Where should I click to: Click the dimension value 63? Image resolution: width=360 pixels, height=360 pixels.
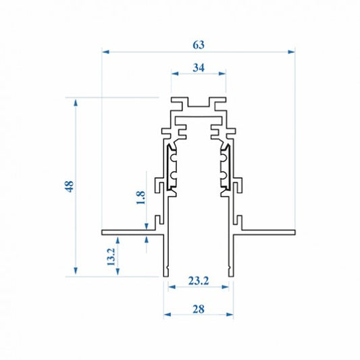(x=199, y=45)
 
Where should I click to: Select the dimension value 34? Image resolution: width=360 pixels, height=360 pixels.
(x=199, y=68)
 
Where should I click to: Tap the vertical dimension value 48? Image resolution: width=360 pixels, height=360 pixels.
(x=69, y=186)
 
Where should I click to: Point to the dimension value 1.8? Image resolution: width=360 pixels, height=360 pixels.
(x=140, y=197)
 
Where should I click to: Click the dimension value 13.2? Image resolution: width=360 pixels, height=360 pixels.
(x=111, y=257)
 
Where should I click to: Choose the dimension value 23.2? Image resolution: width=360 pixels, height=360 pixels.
(x=199, y=281)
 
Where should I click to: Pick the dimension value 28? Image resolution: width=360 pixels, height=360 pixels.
(x=199, y=309)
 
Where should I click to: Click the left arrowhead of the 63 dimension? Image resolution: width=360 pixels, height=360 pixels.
(x=105, y=52)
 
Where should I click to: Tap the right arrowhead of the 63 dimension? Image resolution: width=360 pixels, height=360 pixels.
(x=291, y=52)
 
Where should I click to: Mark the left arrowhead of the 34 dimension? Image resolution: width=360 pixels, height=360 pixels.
(x=175, y=74)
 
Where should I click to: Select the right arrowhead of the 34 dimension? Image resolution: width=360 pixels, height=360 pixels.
(x=222, y=74)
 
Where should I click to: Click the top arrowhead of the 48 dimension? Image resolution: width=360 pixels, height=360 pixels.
(x=76, y=102)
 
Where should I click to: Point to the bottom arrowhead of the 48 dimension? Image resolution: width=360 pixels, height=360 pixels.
(x=76, y=271)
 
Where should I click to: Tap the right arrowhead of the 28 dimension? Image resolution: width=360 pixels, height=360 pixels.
(x=230, y=315)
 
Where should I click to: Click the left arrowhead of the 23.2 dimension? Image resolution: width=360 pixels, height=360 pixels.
(x=172, y=287)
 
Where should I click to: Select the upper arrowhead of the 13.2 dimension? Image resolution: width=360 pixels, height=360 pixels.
(x=118, y=241)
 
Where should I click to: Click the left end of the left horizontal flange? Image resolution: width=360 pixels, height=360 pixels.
(x=102, y=232)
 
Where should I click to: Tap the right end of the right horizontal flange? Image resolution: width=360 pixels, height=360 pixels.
(x=295, y=232)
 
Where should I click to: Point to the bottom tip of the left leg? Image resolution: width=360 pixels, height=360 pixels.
(x=165, y=277)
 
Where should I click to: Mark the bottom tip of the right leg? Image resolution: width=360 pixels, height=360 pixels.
(x=231, y=277)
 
